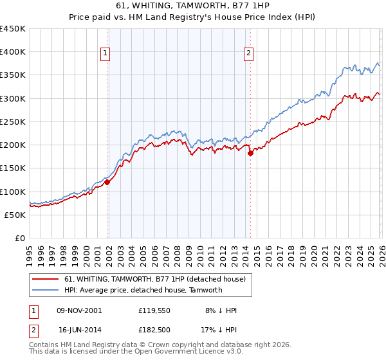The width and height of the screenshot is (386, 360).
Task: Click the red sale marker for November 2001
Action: click(107, 183)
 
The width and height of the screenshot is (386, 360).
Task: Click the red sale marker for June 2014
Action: click(250, 153)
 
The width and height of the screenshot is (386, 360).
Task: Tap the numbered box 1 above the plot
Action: click(106, 54)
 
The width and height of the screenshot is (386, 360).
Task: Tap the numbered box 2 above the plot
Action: click(248, 54)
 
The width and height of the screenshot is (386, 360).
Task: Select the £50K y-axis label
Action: click(15, 215)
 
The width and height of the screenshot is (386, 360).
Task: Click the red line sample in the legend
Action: click(46, 280)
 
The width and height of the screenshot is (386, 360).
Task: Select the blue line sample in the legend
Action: click(46, 290)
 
